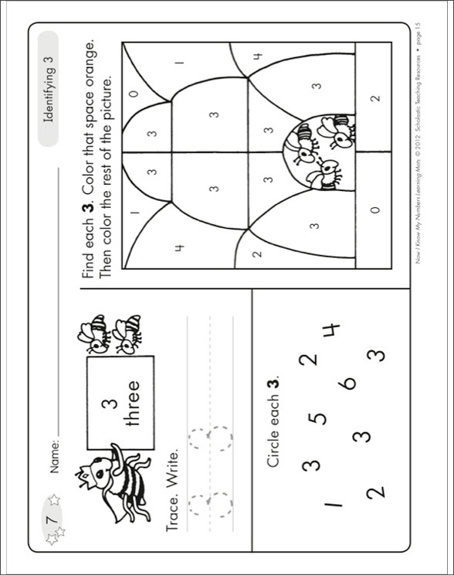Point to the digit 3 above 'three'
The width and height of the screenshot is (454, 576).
(106, 403)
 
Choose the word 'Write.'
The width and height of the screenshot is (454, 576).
(175, 469)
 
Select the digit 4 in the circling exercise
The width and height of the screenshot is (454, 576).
(330, 331)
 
